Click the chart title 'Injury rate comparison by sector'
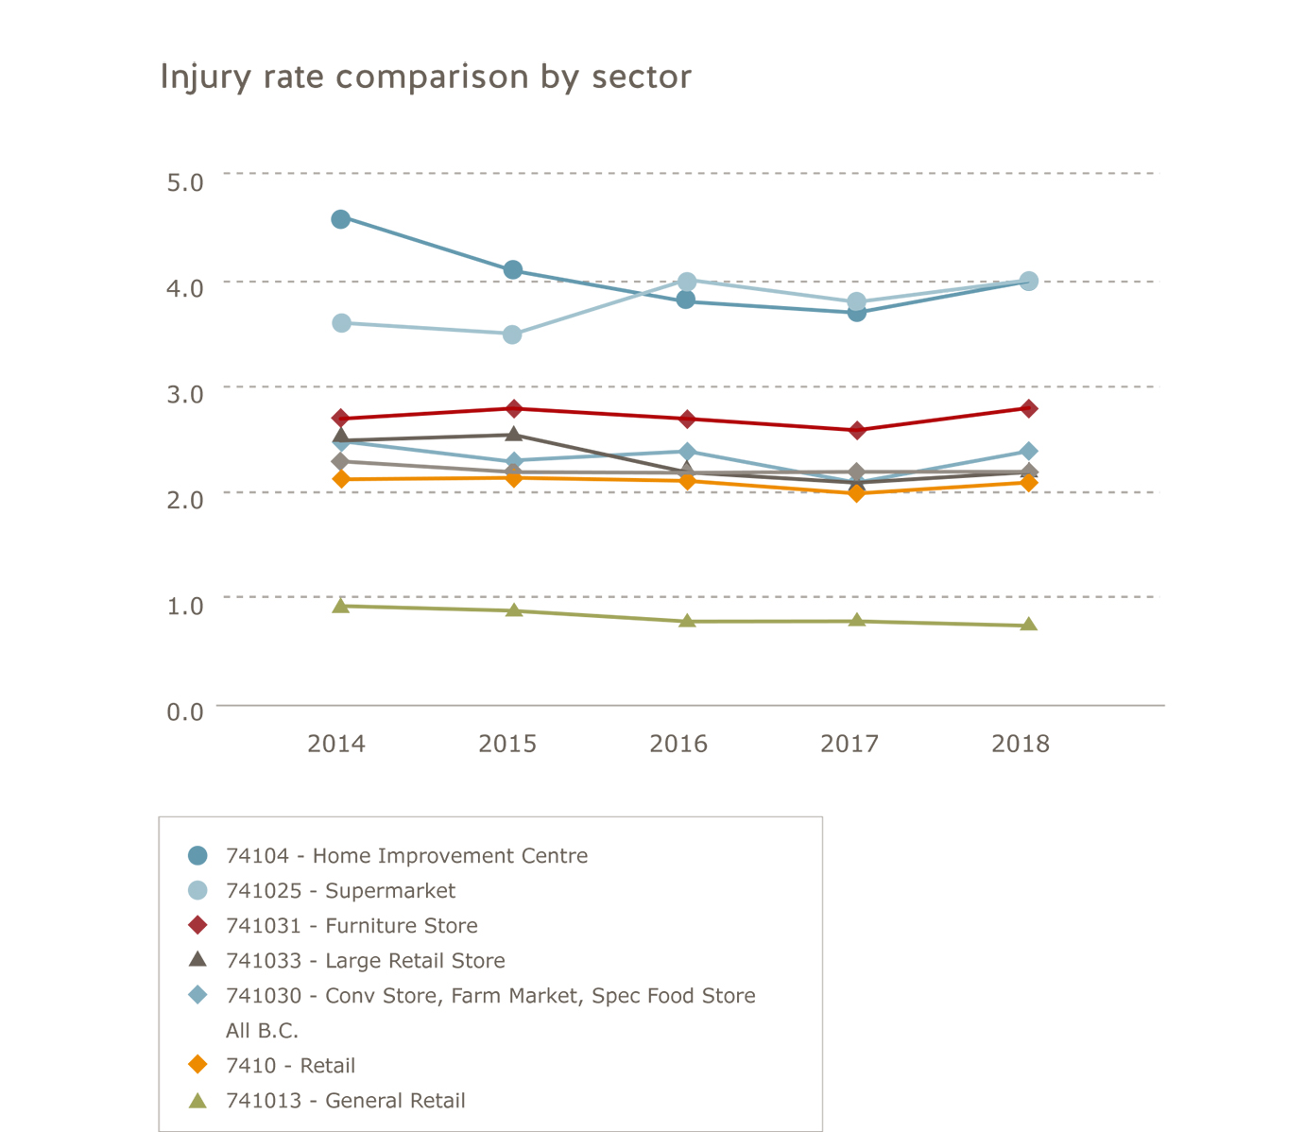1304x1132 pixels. point(425,77)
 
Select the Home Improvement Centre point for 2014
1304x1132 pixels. point(341,219)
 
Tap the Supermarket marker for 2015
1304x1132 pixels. point(512,334)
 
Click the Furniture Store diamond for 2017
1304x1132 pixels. point(857,431)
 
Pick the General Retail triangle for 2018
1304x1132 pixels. point(1029,625)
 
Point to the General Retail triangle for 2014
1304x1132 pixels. point(341,606)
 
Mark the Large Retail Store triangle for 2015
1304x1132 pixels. point(513,434)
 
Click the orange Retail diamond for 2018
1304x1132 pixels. point(1029,483)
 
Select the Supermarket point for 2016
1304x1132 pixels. point(687,282)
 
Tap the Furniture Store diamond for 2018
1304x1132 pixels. point(1029,408)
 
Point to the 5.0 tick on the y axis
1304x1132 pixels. point(185,181)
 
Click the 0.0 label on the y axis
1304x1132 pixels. point(185,712)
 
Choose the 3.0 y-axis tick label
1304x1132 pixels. point(185,394)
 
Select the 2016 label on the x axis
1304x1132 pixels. point(678,745)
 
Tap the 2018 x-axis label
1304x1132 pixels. point(1021,745)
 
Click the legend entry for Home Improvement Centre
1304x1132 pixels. point(406,856)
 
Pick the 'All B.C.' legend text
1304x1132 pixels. point(262,1031)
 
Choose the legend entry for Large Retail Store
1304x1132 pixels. point(365,961)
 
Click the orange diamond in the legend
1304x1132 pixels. point(197,1065)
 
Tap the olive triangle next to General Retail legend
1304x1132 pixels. point(197,1101)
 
